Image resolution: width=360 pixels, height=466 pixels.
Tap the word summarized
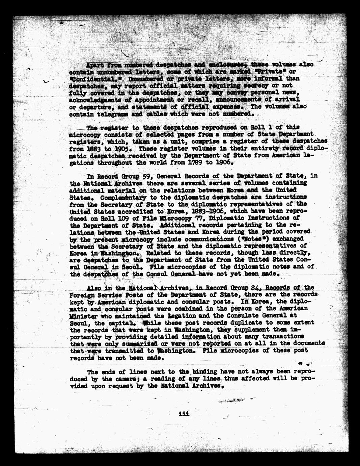pyautogui.click(x=135, y=343)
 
